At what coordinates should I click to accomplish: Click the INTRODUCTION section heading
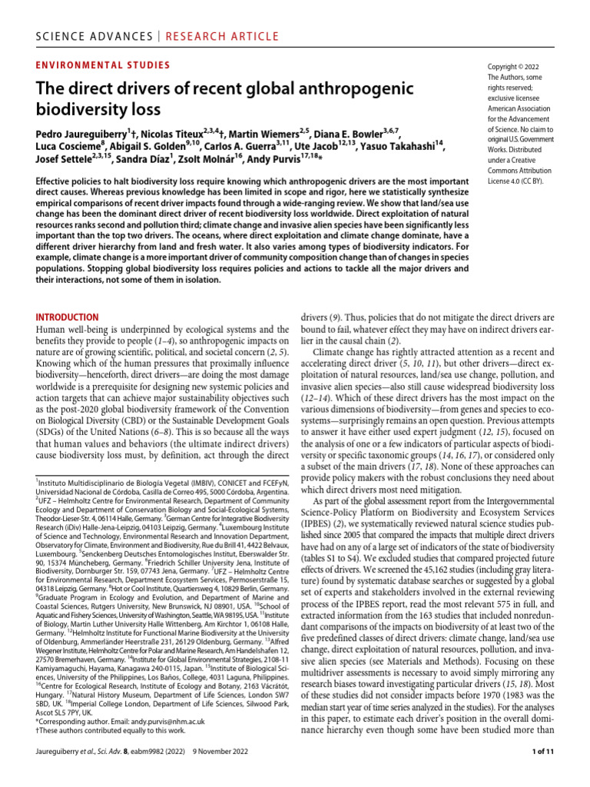[68, 317]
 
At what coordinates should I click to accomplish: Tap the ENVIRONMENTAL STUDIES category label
[103, 66]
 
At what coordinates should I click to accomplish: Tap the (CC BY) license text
[524, 181]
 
